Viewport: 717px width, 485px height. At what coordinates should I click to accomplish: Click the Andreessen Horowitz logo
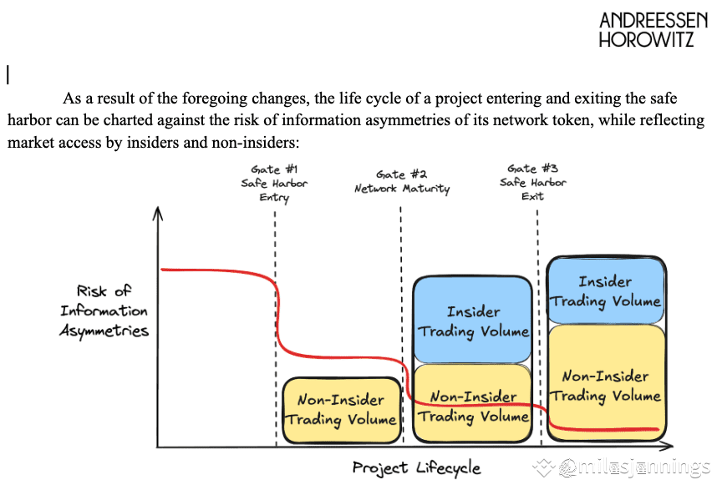[653, 30]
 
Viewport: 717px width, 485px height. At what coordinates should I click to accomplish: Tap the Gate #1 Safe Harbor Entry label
[274, 183]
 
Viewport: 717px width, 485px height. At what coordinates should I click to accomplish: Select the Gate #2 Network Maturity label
[402, 182]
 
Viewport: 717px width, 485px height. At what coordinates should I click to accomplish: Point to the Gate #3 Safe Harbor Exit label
[532, 182]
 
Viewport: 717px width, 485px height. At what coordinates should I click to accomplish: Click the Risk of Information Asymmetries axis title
[104, 311]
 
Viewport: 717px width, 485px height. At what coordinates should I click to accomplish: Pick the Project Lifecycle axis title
[416, 468]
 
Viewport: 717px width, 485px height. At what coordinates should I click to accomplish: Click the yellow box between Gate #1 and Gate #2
[342, 410]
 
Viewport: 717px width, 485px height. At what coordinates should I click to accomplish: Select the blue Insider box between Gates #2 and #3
[473, 320]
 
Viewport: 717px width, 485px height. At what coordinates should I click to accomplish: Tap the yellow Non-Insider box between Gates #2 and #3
[473, 404]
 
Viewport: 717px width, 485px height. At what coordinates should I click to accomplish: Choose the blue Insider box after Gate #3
[606, 290]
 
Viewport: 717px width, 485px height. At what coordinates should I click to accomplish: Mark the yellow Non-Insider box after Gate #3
[606, 382]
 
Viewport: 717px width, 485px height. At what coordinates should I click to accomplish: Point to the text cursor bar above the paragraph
[8, 74]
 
